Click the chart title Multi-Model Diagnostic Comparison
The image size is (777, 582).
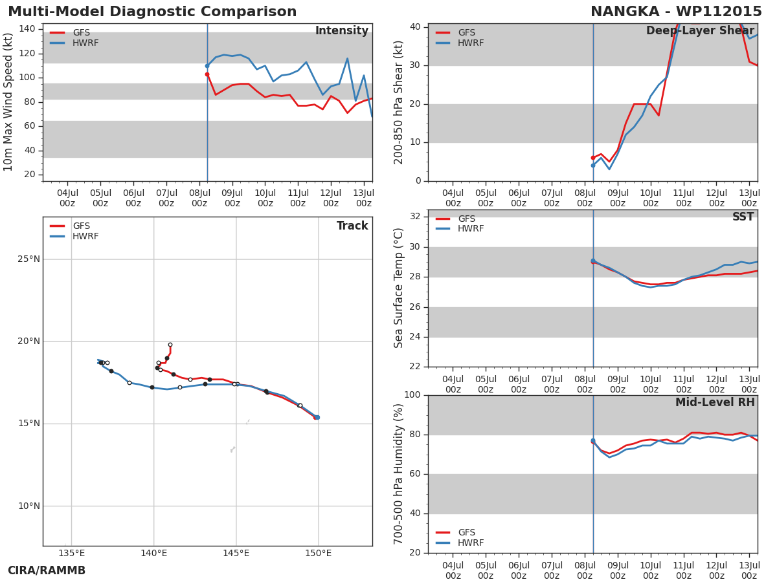pyautogui.click(x=152, y=12)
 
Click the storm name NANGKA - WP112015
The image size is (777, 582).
pyautogui.click(x=676, y=12)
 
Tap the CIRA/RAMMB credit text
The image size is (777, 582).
pyautogui.click(x=47, y=571)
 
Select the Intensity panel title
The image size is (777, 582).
pyautogui.click(x=342, y=31)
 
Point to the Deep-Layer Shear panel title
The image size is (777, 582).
pyautogui.click(x=700, y=31)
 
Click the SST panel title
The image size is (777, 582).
pyautogui.click(x=743, y=217)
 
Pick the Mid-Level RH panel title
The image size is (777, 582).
pyautogui.click(x=715, y=402)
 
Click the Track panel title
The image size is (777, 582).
pyautogui.click(x=352, y=226)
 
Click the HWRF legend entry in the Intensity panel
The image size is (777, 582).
pyautogui.click(x=74, y=43)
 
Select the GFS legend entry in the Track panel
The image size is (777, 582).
pyautogui.click(x=70, y=226)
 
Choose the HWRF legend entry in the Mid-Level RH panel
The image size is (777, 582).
pyautogui.click(x=460, y=543)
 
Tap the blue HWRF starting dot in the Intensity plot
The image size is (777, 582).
pyautogui.click(x=207, y=66)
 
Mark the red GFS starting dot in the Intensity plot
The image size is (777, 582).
pyautogui.click(x=207, y=74)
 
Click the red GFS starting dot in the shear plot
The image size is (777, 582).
pyautogui.click(x=593, y=158)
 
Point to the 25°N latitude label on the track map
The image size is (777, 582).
pyautogui.click(x=29, y=259)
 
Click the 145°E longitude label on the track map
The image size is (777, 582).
pyautogui.click(x=236, y=554)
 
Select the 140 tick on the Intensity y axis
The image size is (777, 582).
pyautogui.click(x=27, y=29)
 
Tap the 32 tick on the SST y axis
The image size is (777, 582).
pyautogui.click(x=415, y=216)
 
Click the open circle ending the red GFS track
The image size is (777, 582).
pyautogui.click(x=170, y=345)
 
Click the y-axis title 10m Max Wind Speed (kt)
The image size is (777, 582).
pyautogui.click(x=8, y=102)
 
